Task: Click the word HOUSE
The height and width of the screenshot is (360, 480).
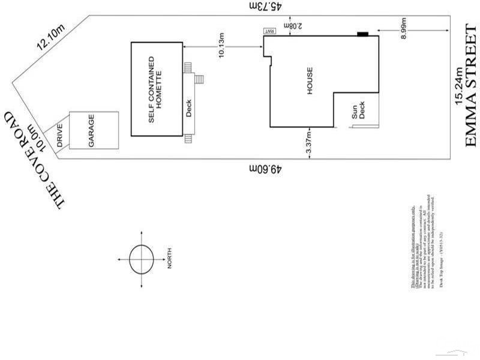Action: [x=310, y=79]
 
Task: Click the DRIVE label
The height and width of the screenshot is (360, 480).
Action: [x=60, y=136]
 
